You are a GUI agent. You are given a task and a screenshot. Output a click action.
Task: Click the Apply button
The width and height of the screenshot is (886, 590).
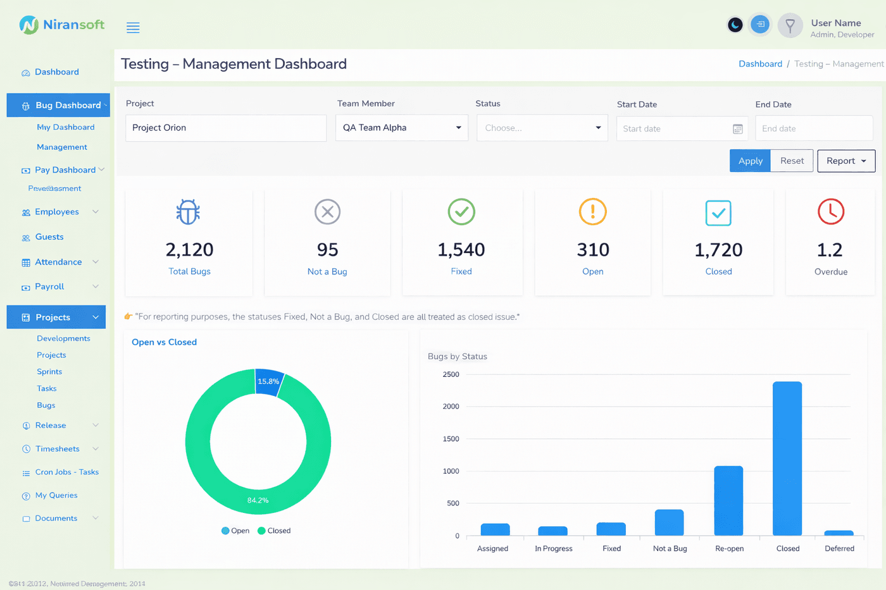point(750,161)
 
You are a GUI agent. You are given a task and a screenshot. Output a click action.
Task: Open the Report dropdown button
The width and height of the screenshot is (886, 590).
point(846,161)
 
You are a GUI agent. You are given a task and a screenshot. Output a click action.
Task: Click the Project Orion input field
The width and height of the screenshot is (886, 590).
point(226,128)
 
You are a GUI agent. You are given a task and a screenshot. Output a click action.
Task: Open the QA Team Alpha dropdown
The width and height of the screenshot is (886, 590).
point(401,128)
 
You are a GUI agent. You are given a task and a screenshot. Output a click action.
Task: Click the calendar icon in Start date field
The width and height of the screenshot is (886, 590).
point(737,129)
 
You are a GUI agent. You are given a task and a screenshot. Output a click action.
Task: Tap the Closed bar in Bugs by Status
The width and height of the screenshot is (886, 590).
point(787,458)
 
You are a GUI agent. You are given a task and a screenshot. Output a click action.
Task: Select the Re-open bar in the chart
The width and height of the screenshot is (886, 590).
point(728,500)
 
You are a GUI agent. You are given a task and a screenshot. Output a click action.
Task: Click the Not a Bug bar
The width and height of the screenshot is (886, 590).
point(669,522)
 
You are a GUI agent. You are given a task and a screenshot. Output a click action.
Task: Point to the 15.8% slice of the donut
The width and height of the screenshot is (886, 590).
point(269,382)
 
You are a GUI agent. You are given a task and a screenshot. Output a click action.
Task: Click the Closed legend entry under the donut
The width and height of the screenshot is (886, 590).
point(274,531)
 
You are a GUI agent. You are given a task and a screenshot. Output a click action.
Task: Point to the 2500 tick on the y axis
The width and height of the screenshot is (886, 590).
point(451,374)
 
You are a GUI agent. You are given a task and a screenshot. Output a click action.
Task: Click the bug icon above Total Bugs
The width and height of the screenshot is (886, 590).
point(188,212)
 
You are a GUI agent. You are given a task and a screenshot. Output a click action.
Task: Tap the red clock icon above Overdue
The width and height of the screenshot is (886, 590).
point(830,212)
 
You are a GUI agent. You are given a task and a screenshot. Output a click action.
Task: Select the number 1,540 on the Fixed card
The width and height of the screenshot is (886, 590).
point(461,250)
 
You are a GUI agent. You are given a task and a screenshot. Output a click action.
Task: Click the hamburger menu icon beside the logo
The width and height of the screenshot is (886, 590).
point(133,27)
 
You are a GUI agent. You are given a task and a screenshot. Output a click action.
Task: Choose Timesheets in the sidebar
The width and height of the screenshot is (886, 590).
point(58,449)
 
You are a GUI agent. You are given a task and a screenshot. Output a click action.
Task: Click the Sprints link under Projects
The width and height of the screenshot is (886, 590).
point(49,372)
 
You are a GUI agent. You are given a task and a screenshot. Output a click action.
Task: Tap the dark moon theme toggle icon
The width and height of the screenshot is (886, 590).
point(735,25)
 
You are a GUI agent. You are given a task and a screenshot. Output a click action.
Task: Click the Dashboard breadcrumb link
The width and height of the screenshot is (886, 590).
point(760,64)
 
